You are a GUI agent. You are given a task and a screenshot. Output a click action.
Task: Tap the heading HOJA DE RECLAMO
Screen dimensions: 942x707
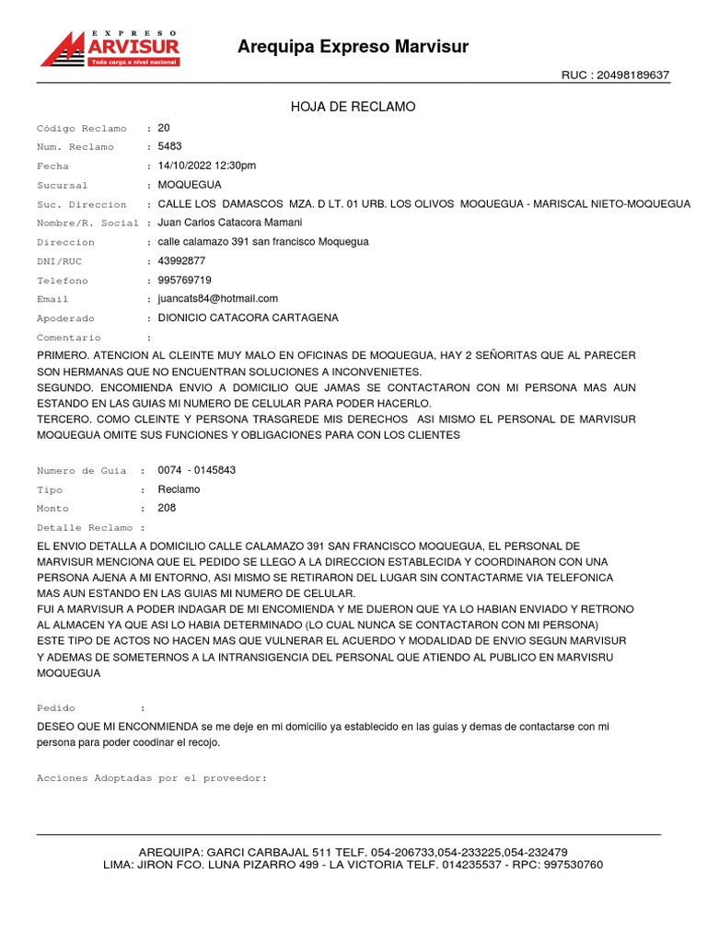(353, 108)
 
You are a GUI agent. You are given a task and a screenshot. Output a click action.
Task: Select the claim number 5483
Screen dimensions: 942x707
(170, 146)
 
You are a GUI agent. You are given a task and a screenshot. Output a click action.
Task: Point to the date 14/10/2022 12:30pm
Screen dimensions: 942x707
(207, 166)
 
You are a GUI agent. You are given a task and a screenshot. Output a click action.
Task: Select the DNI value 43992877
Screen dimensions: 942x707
(181, 261)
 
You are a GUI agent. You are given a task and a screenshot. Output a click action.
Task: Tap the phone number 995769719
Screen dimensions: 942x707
(184, 280)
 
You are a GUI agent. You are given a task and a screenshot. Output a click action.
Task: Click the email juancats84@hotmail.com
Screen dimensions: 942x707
(218, 299)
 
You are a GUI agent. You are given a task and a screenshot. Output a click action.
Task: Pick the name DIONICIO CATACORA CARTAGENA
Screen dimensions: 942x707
(249, 318)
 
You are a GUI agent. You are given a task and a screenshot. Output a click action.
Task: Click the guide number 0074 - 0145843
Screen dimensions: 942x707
(197, 470)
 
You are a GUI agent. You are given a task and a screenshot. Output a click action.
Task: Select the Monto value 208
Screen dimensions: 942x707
(167, 508)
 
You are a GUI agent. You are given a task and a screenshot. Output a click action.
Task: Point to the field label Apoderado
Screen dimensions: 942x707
(65, 318)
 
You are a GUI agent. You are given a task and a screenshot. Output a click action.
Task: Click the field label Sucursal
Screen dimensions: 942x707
(62, 185)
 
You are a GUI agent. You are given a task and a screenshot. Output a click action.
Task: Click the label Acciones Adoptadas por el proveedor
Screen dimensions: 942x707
(152, 778)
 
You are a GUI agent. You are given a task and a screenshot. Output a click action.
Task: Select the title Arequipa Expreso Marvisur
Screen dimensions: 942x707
(353, 47)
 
